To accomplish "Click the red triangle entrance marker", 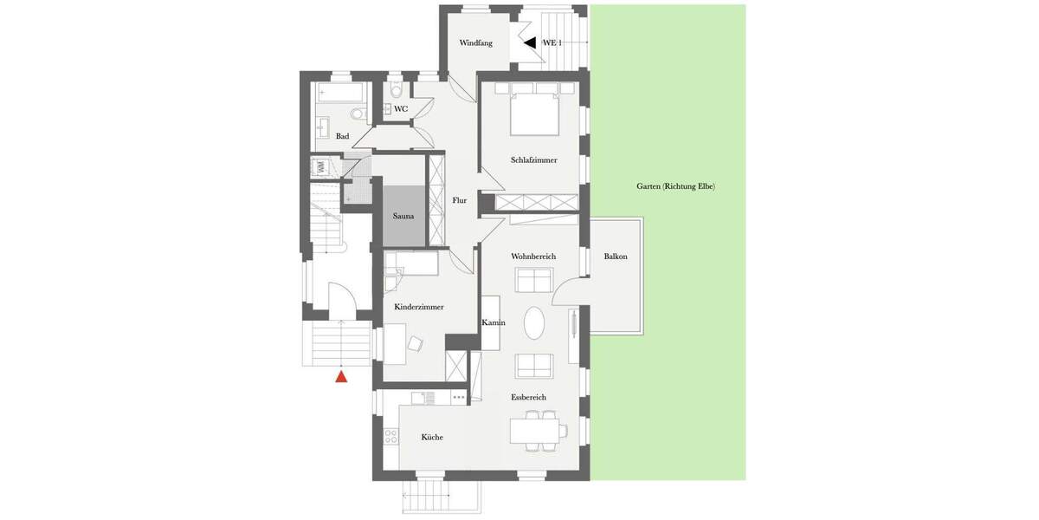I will point(341,376).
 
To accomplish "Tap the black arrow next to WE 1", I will point(529,42).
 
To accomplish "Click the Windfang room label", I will point(475,42).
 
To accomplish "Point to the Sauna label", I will point(403,216).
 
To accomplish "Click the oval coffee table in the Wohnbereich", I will point(535,323).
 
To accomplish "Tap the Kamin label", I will point(494,322).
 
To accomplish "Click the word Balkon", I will point(616,257).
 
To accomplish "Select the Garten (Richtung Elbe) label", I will point(675,186).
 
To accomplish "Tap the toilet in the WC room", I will point(397,91).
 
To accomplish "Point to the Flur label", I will point(459,200).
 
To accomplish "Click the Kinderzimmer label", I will point(419,307).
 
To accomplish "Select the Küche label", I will point(432,437).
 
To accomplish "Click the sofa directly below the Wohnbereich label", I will point(534,279).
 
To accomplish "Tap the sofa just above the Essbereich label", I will point(534,366).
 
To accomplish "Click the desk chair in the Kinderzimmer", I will point(415,344).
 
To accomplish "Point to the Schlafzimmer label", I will point(533,159).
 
